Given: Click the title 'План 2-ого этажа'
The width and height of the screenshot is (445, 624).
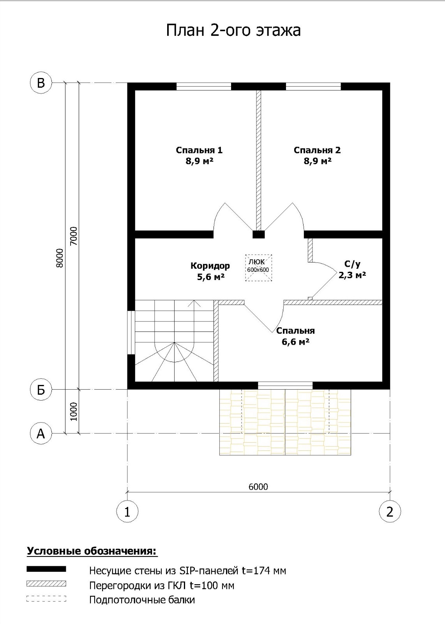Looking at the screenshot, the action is pyautogui.click(x=233, y=30).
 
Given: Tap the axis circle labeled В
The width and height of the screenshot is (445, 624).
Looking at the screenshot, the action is pyautogui.click(x=41, y=83).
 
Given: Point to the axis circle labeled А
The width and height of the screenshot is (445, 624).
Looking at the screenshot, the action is pyautogui.click(x=41, y=433).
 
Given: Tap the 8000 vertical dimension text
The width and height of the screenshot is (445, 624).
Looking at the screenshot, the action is pyautogui.click(x=60, y=258).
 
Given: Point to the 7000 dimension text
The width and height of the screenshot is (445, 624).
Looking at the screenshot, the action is pyautogui.click(x=74, y=236).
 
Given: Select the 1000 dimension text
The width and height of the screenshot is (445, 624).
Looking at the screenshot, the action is pyautogui.click(x=74, y=411).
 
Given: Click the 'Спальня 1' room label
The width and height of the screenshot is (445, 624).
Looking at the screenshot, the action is pyautogui.click(x=199, y=150).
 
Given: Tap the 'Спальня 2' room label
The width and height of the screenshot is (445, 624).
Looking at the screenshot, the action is pyautogui.click(x=317, y=150).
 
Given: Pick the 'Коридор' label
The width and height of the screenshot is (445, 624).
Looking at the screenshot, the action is pyautogui.click(x=210, y=266).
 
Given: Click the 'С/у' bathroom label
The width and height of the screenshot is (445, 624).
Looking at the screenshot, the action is pyautogui.click(x=352, y=264).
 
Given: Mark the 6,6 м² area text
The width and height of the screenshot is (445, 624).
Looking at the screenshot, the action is pyautogui.click(x=295, y=342).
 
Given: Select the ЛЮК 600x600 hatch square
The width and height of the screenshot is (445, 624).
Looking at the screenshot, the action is pyautogui.click(x=258, y=268).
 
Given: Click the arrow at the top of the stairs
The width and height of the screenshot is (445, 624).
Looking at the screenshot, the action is pyautogui.click(x=194, y=304).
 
